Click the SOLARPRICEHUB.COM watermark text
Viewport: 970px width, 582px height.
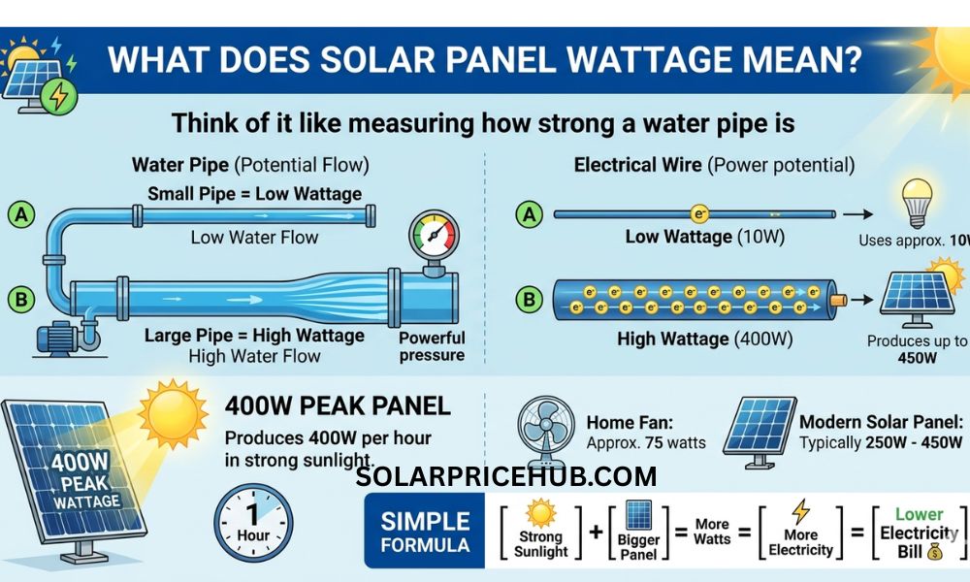pyautogui.click(x=506, y=476)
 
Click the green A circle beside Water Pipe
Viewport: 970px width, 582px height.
pyautogui.click(x=20, y=214)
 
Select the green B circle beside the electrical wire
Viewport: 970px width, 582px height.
pyautogui.click(x=528, y=300)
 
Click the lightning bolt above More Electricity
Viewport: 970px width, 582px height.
pyautogui.click(x=800, y=510)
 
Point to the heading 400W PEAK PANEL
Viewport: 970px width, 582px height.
pyautogui.click(x=338, y=404)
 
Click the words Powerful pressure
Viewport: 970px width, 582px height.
pyautogui.click(x=432, y=346)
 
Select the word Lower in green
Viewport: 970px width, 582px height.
pyautogui.click(x=919, y=514)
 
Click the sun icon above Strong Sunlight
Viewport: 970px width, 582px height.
pyautogui.click(x=539, y=510)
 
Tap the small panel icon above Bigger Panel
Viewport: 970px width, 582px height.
pyautogui.click(x=638, y=513)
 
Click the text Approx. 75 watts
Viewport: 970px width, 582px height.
pyautogui.click(x=646, y=443)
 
